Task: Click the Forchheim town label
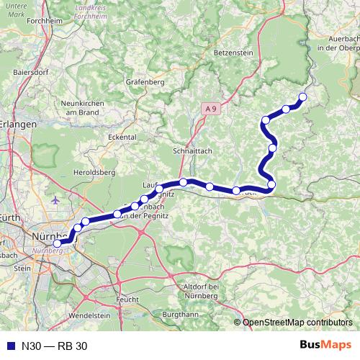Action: [x=21, y=40]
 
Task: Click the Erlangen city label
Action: [x=18, y=125]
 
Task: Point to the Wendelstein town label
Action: [x=91, y=315]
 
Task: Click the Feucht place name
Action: [x=127, y=297]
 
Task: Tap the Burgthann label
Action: [x=180, y=315]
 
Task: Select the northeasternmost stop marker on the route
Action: [x=302, y=97]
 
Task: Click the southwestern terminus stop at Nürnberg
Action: [x=58, y=243]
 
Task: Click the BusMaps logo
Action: [x=325, y=345]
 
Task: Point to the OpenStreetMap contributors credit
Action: [x=293, y=323]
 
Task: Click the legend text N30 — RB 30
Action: [x=54, y=346]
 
